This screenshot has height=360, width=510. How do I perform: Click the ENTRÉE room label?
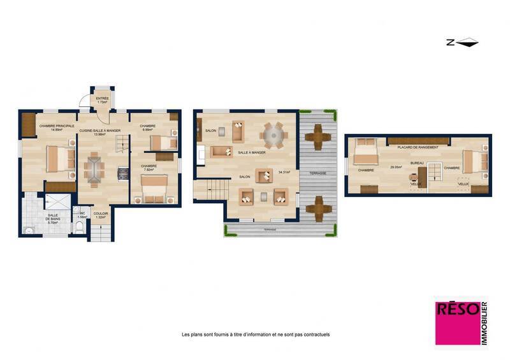(x=101, y=99)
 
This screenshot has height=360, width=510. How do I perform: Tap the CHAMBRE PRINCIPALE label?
(x=57, y=126)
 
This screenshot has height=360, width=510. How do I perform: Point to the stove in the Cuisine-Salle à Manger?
(x=123, y=173)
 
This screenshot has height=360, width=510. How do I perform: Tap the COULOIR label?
(x=100, y=213)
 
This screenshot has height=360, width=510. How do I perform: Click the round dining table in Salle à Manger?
(x=275, y=135)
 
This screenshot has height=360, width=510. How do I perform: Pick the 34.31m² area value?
(x=284, y=171)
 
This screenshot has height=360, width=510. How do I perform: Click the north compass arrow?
(x=463, y=43)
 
